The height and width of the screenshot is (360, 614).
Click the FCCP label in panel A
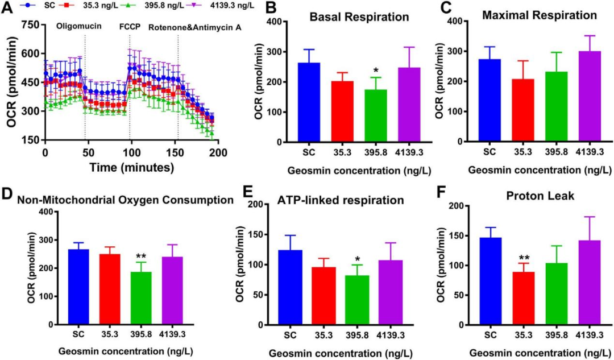tap(130, 26)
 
